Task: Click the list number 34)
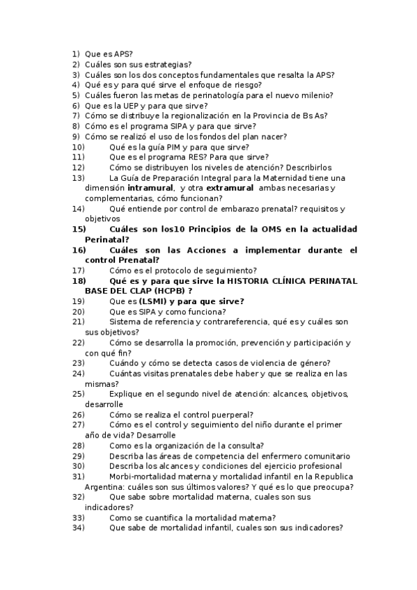[78, 527]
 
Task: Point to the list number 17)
[78, 270]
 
